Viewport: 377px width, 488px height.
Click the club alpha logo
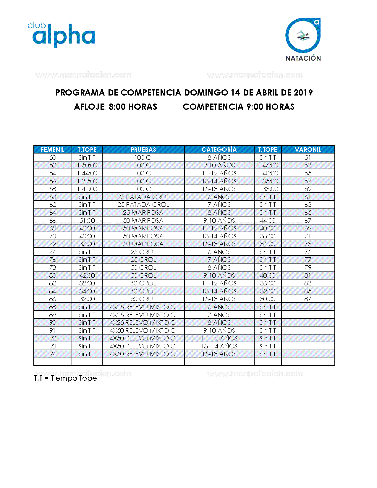[62, 35]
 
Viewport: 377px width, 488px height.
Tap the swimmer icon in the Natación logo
[303, 36]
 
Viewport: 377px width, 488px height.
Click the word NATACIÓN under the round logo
[303, 58]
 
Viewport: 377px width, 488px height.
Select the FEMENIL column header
[53, 150]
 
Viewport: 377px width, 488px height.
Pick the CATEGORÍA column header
[219, 150]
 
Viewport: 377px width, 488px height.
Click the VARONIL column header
[308, 150]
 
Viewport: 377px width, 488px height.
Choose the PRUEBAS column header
[143, 150]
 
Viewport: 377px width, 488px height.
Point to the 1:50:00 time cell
[87, 165]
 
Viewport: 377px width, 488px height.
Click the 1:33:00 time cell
[268, 189]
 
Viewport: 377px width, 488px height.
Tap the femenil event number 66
[53, 221]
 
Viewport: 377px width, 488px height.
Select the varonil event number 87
[308, 299]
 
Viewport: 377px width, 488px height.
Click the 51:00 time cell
[87, 221]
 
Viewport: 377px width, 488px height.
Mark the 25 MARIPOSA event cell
[143, 213]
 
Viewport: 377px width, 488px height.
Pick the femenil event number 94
[53, 354]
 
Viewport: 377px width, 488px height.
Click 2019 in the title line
[303, 93]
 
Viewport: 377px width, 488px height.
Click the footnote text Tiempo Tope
[74, 378]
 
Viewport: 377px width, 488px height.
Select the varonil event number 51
[308, 158]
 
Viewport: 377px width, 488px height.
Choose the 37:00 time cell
[87, 244]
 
